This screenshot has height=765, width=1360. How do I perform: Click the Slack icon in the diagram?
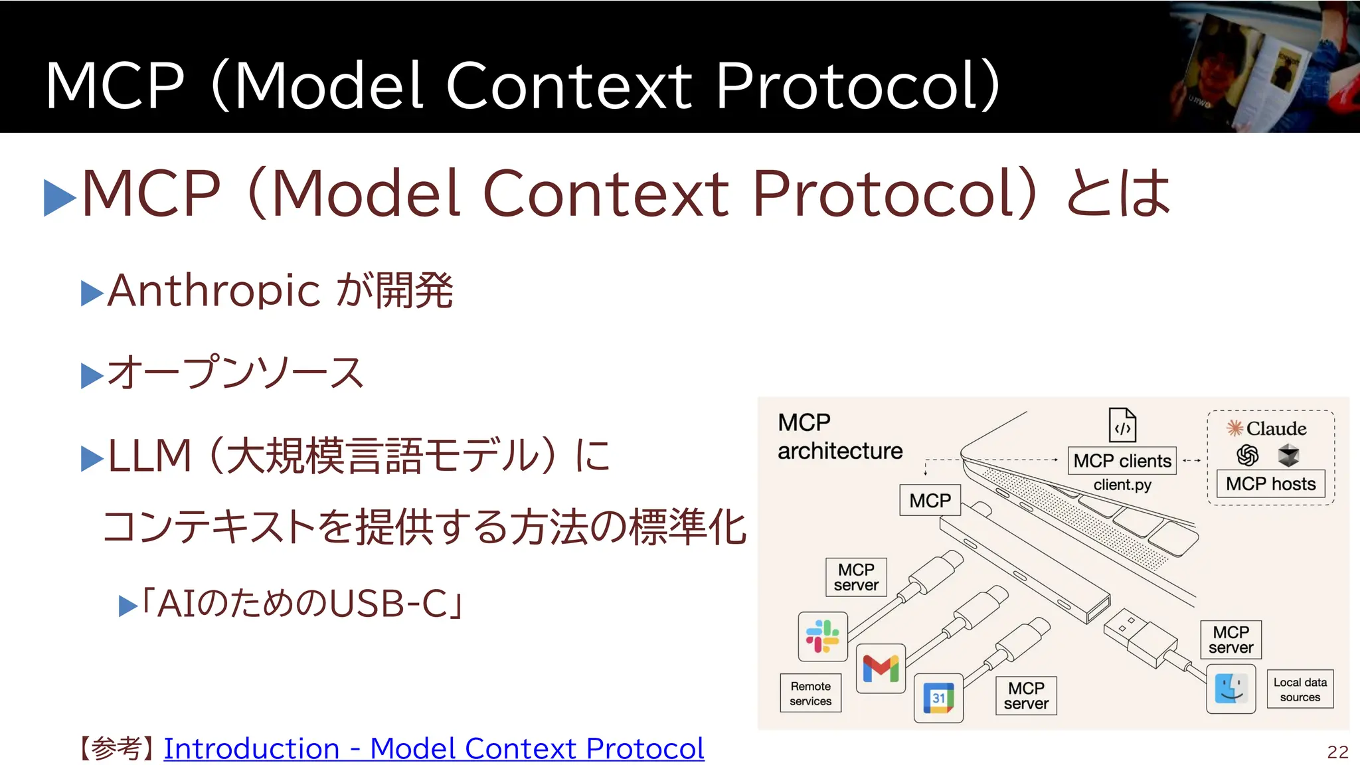point(823,636)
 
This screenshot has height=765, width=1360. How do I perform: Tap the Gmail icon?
point(881,668)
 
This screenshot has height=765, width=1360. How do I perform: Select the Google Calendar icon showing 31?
point(938,698)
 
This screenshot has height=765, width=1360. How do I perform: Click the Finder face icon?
point(1231,689)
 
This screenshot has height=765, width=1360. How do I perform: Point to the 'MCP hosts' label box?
point(1270,483)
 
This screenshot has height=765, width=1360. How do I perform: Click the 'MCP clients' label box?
point(1122,460)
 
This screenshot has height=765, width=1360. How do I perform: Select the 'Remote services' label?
point(810,693)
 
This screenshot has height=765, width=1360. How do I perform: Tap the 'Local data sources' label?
point(1300,689)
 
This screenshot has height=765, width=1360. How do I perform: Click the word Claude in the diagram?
point(1276,428)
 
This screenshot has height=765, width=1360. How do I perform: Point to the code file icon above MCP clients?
point(1122,425)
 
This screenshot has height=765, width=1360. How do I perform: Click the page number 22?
point(1337,752)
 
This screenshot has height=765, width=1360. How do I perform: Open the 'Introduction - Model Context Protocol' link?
point(434,748)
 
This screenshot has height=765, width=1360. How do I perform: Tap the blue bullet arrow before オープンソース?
point(92,375)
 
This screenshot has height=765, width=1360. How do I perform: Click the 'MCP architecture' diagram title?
point(839,436)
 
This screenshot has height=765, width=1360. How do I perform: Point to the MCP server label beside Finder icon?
point(1231,639)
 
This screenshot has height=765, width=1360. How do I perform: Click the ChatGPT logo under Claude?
point(1247,456)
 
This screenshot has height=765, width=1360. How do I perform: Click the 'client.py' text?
point(1122,485)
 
